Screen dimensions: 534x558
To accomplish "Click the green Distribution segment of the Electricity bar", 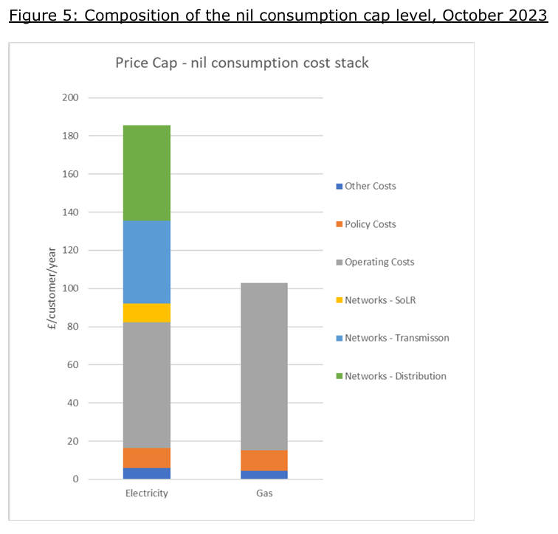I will click(147, 173).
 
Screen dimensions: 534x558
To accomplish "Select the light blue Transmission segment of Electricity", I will click(147, 262).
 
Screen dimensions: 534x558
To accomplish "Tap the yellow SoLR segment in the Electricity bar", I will click(147, 313).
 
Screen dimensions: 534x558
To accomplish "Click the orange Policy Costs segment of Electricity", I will click(147, 457).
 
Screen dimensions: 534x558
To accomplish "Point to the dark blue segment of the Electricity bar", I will click(147, 473).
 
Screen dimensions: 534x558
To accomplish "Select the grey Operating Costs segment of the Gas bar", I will click(264, 366).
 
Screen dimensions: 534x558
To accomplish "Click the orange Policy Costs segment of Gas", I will click(264, 460).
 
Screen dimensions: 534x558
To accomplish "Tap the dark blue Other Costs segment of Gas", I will click(264, 474).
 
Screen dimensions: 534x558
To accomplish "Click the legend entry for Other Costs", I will click(370, 186).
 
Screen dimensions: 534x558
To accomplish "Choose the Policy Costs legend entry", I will click(370, 224).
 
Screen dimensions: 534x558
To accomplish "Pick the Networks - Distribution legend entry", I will click(395, 376).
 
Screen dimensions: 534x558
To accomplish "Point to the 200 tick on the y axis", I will click(72, 98).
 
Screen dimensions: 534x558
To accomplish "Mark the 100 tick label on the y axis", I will click(72, 288).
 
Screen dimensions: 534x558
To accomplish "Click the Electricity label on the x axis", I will click(147, 493).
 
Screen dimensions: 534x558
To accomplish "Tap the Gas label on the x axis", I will click(264, 493).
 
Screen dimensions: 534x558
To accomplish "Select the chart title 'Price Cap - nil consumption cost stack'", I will click(242, 63).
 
